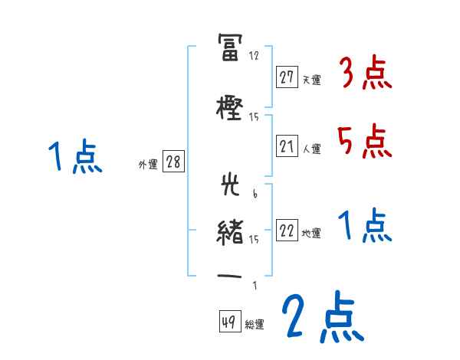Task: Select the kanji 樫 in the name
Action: pos(230,108)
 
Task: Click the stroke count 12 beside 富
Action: pos(255,56)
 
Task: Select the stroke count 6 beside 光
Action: pos(255,195)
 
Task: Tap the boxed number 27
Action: pos(287,77)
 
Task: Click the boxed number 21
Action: pos(287,147)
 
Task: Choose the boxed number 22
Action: pos(287,231)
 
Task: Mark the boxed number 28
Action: pos(173,162)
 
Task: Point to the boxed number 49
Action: pos(228,322)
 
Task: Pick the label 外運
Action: pos(147,163)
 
